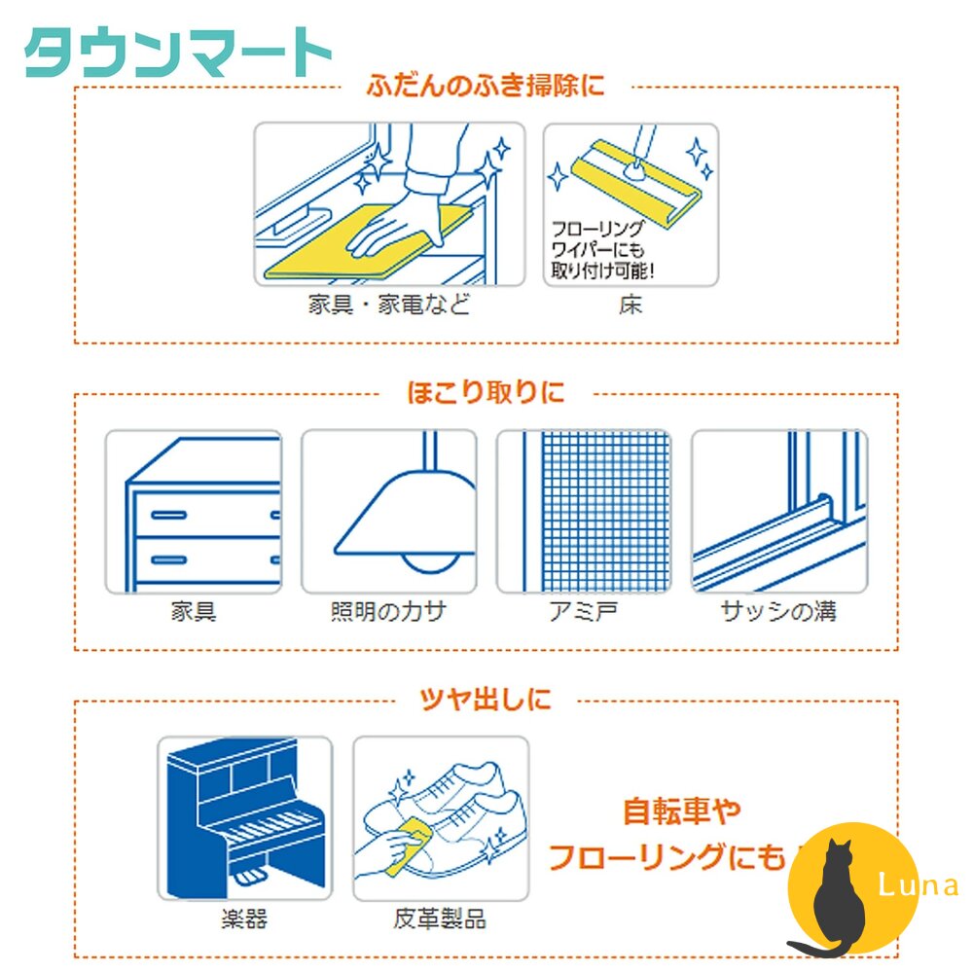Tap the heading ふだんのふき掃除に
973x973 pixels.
coord(486,86)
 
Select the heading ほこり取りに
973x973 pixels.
coord(485,393)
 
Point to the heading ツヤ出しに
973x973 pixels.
coord(485,699)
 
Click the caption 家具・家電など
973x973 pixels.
coord(388,305)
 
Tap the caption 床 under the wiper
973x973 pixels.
coord(630,305)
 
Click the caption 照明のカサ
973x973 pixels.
coord(388,612)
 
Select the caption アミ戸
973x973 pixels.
coord(583,612)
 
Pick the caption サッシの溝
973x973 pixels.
coord(778,612)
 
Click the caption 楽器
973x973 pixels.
coord(243,919)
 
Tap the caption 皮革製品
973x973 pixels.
coord(440,919)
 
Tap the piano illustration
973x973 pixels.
coord(243,817)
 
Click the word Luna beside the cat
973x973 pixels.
coord(918,885)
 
